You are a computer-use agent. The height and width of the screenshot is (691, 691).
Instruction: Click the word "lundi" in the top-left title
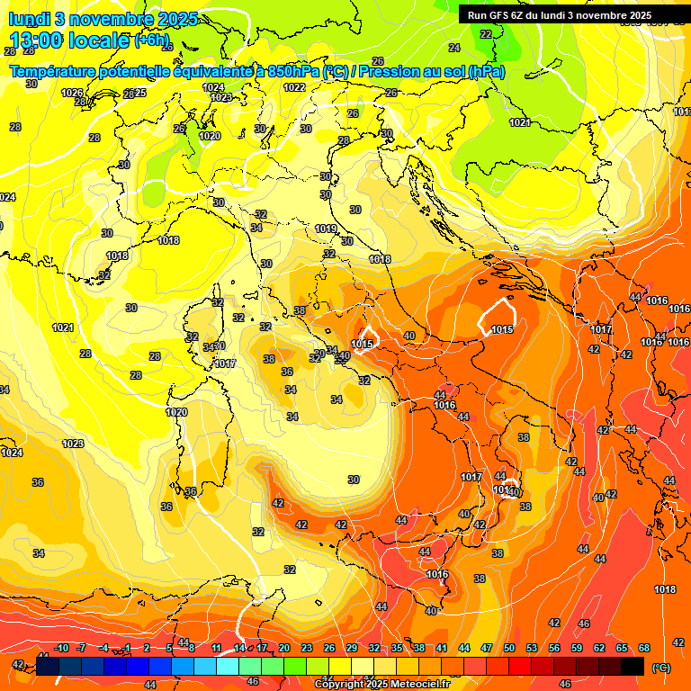(30, 19)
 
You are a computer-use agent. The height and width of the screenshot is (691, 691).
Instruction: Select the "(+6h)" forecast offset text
(150, 40)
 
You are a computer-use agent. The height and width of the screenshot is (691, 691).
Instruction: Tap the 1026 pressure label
(72, 93)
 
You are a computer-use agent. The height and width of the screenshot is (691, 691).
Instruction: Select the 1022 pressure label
(294, 87)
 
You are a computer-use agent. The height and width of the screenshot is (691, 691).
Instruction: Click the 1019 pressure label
(326, 229)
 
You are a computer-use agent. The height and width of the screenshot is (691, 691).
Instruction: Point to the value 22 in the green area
(486, 34)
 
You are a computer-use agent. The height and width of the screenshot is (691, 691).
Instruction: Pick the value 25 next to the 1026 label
(139, 93)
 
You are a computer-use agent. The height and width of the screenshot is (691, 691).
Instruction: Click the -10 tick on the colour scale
(61, 648)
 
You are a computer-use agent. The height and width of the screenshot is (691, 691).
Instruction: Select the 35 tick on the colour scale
(397, 648)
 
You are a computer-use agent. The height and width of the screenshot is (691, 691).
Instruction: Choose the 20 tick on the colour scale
(284, 648)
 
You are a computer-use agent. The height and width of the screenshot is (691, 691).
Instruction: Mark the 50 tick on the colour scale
(509, 648)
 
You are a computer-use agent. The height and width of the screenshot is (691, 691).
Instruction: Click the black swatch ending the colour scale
(633, 666)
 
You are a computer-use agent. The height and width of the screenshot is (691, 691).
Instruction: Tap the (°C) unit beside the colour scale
(660, 668)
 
